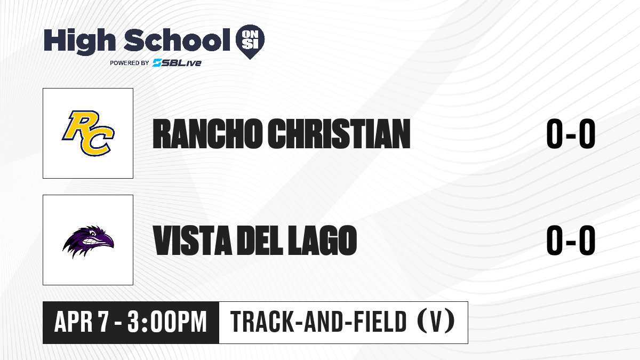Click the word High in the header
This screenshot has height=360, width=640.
(x=79, y=41)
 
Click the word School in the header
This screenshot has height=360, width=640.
(x=177, y=40)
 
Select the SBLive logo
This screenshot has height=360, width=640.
(x=177, y=63)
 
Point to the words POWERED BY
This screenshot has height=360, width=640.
(x=130, y=63)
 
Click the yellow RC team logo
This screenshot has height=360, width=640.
(x=88, y=133)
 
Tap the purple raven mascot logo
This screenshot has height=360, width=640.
(x=88, y=242)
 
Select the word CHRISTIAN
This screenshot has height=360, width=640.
(x=339, y=134)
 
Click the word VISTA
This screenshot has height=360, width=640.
(x=193, y=240)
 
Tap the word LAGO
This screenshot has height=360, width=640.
(x=322, y=240)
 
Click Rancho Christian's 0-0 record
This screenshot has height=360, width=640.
(x=571, y=134)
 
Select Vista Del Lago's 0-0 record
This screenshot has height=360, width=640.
(x=571, y=240)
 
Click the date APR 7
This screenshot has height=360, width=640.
(x=82, y=322)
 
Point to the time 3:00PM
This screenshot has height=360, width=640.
(x=167, y=322)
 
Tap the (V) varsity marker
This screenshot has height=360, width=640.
(x=436, y=322)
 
